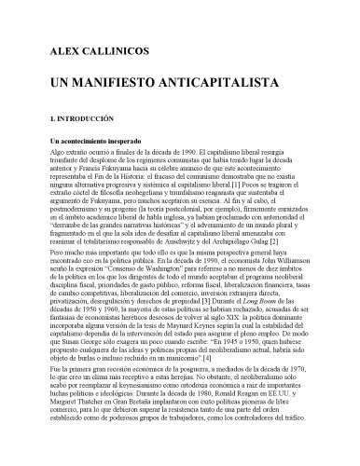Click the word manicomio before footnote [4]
point(217,358)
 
